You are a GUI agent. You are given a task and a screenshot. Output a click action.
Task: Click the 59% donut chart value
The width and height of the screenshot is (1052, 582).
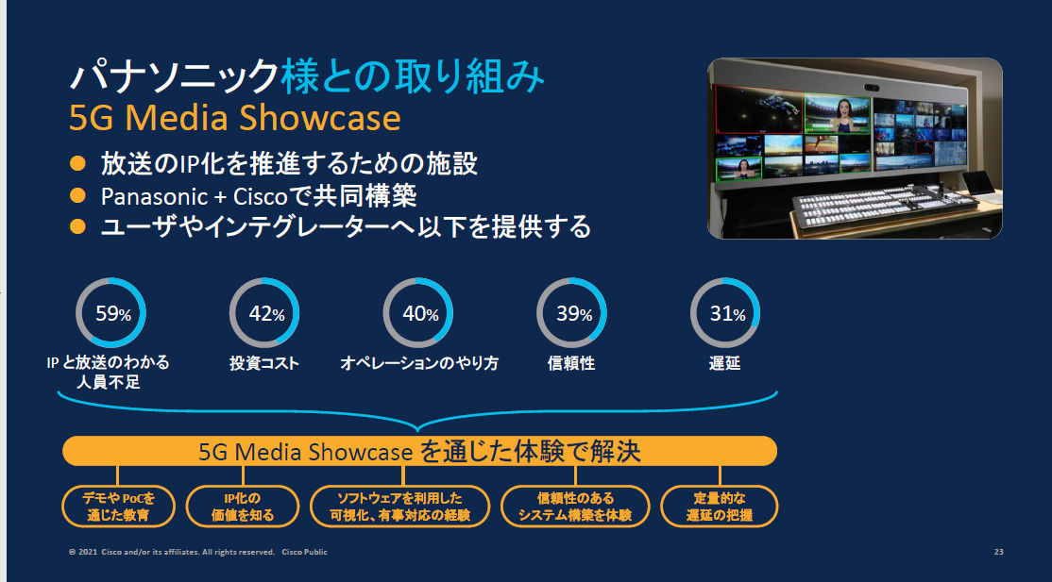point(112,314)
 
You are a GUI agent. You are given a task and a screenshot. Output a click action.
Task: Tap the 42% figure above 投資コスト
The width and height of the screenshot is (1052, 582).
point(266,314)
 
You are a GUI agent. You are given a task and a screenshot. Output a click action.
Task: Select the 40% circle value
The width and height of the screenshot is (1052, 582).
point(420,314)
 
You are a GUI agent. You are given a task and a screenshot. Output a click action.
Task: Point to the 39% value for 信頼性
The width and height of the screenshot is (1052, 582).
point(573,314)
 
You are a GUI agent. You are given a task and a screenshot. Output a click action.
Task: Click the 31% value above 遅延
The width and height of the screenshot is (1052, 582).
point(727,314)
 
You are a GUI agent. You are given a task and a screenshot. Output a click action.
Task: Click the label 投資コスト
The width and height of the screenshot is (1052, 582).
point(264,363)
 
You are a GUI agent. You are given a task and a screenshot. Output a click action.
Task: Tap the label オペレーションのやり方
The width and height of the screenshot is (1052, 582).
point(419,363)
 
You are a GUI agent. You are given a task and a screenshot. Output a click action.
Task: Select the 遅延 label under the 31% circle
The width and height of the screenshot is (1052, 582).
point(724,363)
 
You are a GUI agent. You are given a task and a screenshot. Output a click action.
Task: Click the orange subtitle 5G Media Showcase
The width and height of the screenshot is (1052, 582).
point(235,118)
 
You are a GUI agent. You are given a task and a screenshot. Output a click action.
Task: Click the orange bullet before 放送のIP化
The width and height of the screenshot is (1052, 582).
point(77,163)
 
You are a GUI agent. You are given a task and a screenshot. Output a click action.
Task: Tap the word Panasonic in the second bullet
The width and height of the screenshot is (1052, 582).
point(154,196)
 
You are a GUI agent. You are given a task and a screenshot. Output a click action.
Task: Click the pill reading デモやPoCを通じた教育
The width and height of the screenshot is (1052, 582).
point(118,507)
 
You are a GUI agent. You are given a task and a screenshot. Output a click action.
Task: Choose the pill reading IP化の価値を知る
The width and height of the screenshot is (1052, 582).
point(242,507)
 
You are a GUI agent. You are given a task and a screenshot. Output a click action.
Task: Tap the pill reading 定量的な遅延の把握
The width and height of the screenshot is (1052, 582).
point(720,507)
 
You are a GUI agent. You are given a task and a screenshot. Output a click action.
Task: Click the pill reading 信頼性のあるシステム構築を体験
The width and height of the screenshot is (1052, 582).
point(575,507)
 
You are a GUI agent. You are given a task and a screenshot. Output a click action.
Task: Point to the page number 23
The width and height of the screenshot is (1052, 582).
point(998,552)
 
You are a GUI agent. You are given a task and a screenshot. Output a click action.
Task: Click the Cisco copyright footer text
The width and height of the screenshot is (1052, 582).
point(198,552)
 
